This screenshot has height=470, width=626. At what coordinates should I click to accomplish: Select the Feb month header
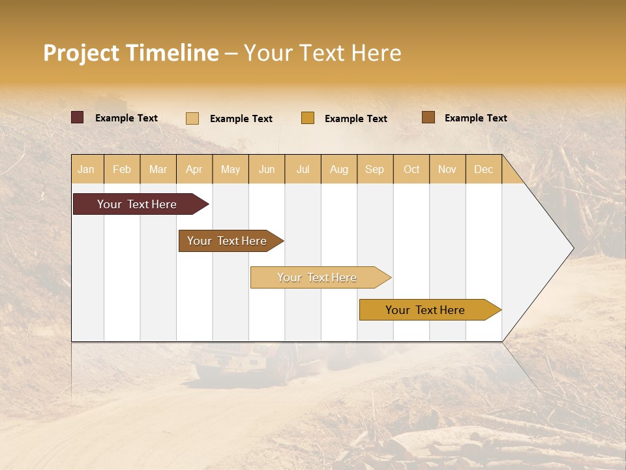click(122, 169)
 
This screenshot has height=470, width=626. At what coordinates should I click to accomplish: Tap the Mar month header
click(158, 169)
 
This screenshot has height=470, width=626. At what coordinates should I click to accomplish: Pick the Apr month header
click(194, 169)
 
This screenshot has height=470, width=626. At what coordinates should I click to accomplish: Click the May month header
click(230, 169)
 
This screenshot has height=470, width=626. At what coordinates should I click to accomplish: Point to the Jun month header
click(267, 169)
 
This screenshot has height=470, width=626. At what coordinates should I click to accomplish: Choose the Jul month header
click(303, 169)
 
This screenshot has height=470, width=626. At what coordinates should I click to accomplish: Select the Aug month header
click(339, 169)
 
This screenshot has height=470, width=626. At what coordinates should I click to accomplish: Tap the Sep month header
click(375, 169)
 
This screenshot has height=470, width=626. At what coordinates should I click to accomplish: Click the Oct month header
click(411, 169)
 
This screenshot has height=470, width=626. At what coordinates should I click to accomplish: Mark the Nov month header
click(447, 169)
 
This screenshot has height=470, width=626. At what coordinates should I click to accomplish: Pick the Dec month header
click(484, 169)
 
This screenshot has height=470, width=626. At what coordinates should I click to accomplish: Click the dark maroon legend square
click(78, 117)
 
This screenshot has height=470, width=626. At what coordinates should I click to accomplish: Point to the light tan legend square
click(192, 118)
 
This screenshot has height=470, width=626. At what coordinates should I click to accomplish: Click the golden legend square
click(308, 117)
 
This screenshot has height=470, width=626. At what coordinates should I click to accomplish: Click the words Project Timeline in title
click(131, 53)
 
